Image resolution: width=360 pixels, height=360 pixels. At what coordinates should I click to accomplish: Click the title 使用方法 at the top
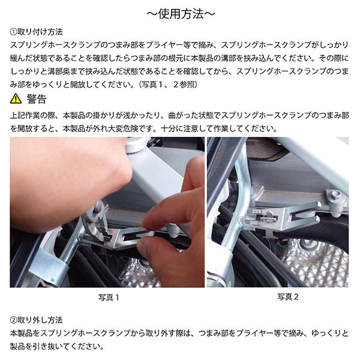(180, 13)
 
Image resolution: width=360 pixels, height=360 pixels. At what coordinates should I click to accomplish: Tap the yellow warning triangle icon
(16, 99)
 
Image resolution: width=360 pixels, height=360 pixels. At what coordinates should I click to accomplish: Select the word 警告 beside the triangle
(37, 99)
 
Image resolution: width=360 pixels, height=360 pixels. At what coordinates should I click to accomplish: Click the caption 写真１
(109, 296)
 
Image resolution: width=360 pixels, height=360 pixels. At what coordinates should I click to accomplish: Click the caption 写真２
(287, 296)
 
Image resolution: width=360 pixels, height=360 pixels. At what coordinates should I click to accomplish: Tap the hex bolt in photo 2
(337, 196)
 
